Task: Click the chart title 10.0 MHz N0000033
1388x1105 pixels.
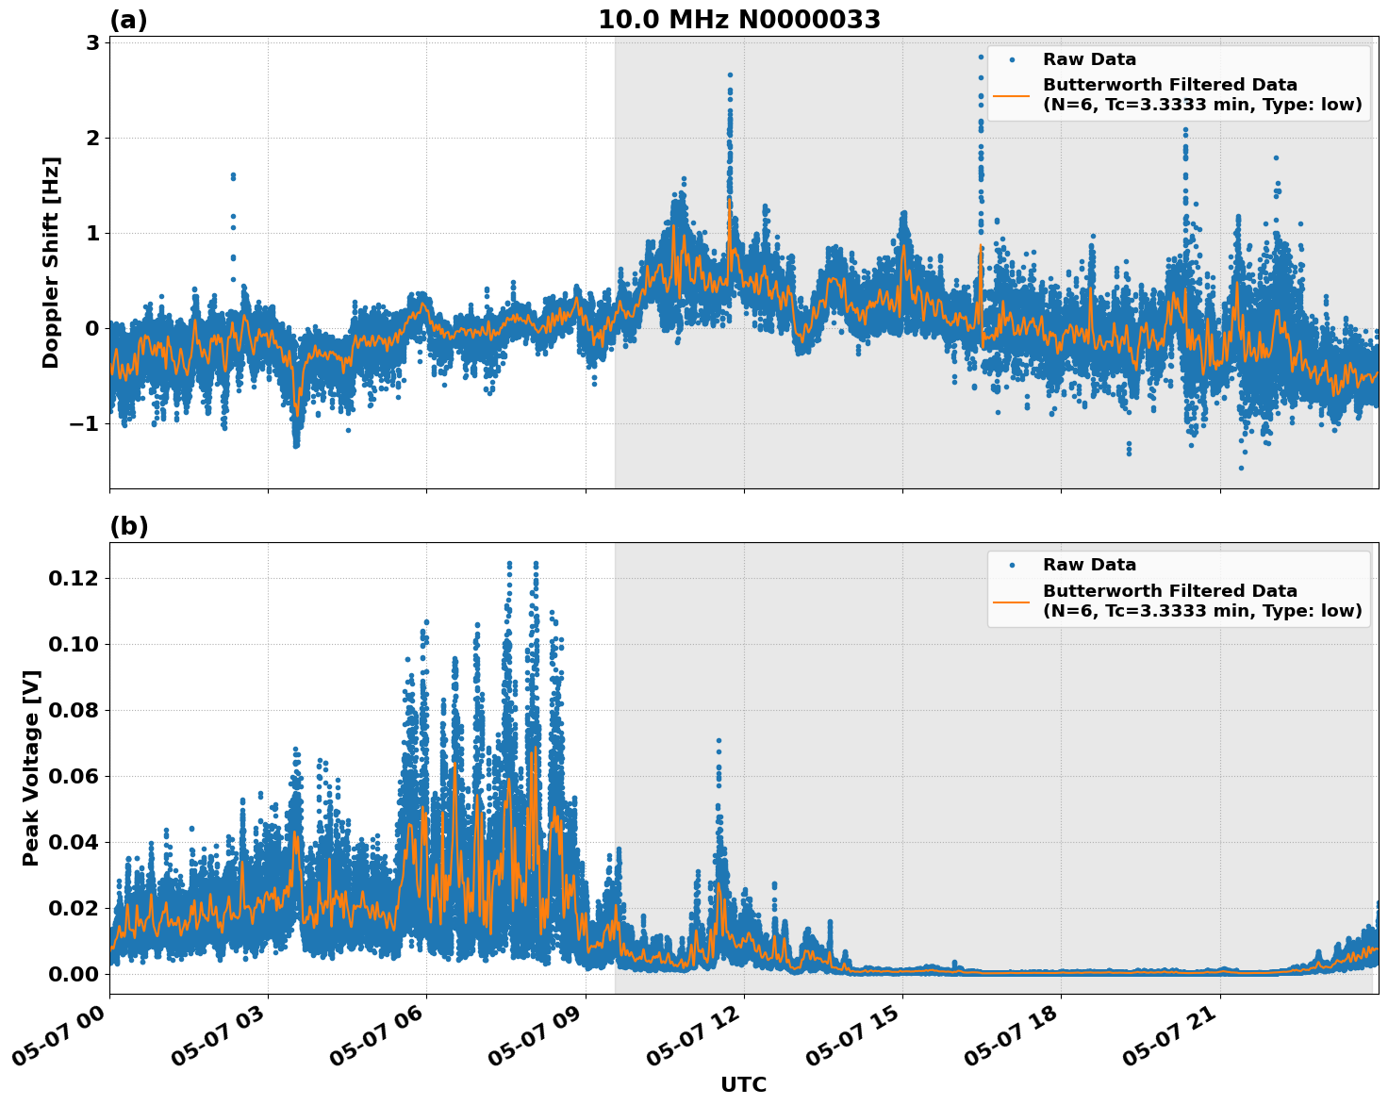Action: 739,20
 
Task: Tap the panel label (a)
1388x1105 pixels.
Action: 128,20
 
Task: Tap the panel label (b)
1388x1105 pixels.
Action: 128,526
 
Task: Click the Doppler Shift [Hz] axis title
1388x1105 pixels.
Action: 51,262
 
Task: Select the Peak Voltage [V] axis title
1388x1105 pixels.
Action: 31,767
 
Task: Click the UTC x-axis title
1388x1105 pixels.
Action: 743,1084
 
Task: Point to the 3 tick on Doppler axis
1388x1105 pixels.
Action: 92,43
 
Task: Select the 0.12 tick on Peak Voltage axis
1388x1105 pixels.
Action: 73,578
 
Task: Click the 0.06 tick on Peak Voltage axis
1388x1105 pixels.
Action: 73,776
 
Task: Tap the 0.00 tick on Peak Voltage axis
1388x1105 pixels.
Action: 73,974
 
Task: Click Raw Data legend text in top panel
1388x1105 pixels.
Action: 1089,59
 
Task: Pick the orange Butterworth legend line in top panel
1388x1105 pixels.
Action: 1011,95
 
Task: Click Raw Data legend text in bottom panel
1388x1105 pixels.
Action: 1089,565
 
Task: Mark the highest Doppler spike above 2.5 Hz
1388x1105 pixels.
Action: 729,74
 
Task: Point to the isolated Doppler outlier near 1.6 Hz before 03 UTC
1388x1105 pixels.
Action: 233,176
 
